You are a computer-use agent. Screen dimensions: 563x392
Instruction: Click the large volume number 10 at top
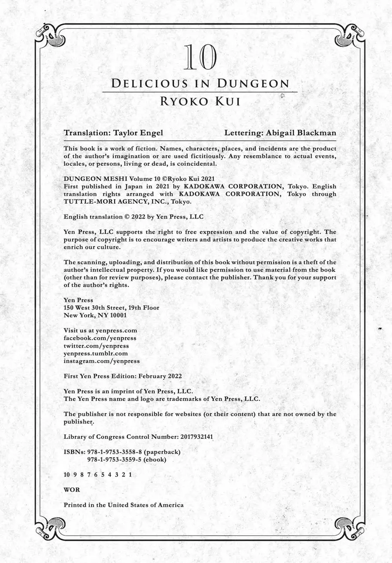(x=200, y=58)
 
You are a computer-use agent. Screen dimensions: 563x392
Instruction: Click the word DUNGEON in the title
(x=252, y=83)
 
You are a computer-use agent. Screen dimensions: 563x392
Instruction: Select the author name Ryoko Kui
(x=200, y=101)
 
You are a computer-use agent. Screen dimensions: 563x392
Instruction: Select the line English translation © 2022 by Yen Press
(x=133, y=216)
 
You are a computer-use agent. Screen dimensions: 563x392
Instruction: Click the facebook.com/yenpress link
(x=100, y=338)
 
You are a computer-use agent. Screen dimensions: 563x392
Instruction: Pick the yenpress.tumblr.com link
(x=96, y=353)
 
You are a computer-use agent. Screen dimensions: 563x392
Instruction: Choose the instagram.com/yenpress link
(x=101, y=361)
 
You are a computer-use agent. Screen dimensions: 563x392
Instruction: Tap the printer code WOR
(x=72, y=490)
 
